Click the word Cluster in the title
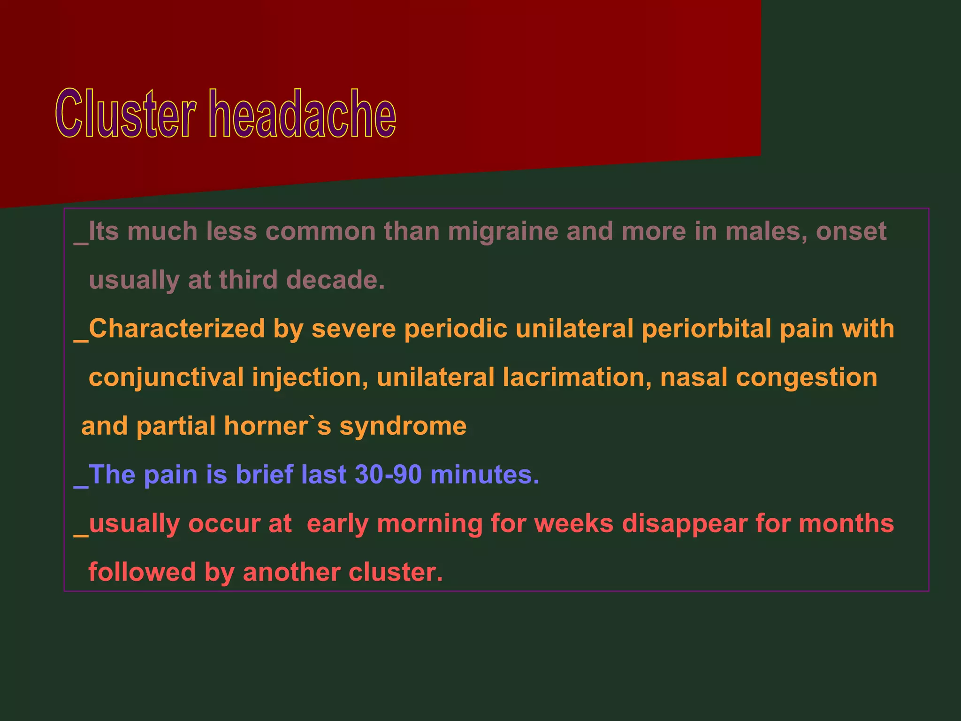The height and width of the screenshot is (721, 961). [126, 114]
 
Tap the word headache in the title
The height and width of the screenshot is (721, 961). [302, 114]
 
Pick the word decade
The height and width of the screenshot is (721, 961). [335, 280]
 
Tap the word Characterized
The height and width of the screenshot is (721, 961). [177, 329]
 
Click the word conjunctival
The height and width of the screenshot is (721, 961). [167, 378]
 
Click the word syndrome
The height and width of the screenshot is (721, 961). [403, 426]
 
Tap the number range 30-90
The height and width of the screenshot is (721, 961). [388, 475]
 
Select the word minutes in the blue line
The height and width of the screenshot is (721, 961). [484, 475]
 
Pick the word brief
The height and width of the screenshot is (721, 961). [264, 475]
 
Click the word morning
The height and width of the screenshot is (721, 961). [429, 524]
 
